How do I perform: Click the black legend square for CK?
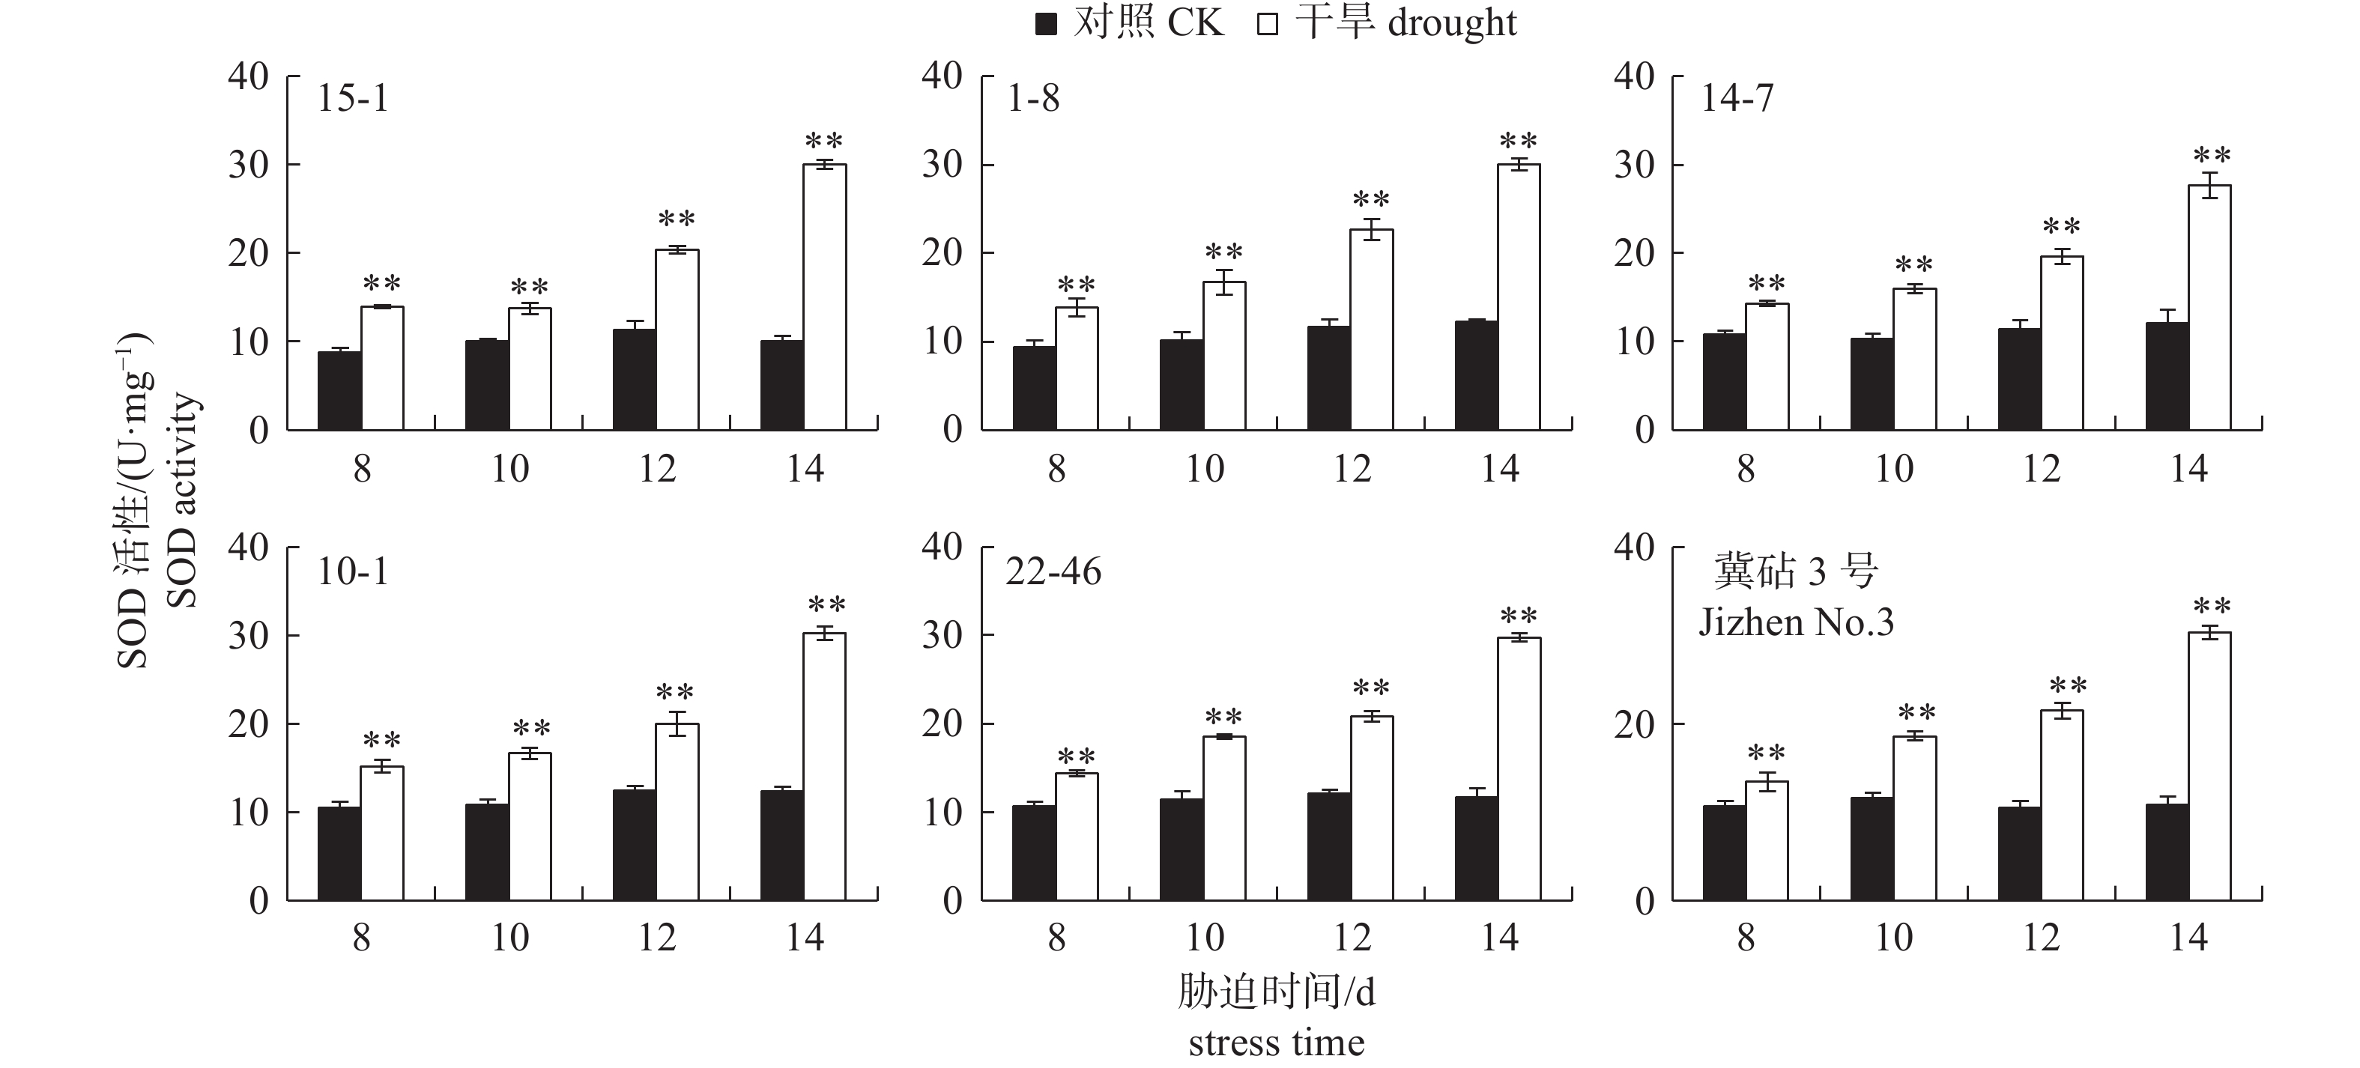[1045, 25]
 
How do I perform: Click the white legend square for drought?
[1267, 25]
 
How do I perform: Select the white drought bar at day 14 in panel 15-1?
[825, 297]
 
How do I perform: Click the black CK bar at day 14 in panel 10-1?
[781, 846]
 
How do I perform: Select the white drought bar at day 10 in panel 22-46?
[1224, 818]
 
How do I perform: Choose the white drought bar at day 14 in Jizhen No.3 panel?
[2209, 767]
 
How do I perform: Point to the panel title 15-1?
[353, 98]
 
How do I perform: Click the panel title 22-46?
[1053, 572]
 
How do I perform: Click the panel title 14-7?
[1737, 98]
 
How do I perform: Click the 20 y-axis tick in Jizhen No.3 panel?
[1635, 724]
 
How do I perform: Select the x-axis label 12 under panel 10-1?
[657, 938]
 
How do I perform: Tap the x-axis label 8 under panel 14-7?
[1746, 469]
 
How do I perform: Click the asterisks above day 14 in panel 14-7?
[2212, 156]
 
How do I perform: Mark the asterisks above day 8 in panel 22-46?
[1077, 757]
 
